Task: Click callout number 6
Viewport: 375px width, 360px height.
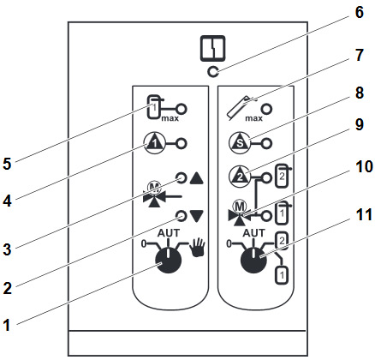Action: point(359,13)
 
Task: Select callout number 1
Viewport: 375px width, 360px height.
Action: point(7,325)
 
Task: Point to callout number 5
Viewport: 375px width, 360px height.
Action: point(7,164)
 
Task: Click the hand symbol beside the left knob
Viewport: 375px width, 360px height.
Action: point(199,248)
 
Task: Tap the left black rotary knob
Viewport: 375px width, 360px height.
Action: point(169,260)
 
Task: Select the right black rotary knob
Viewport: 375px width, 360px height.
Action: point(253,261)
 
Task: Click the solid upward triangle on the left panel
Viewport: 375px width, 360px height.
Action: point(197,178)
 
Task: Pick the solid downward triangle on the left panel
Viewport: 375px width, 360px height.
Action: point(197,216)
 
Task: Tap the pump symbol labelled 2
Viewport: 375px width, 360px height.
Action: point(240,177)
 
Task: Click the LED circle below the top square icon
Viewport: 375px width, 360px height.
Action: point(213,72)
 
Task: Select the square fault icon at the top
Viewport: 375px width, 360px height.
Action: point(212,48)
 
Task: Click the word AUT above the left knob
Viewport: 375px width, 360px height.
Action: point(169,233)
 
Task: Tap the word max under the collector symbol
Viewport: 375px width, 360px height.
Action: point(253,118)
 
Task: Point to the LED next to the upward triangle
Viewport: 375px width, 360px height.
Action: point(181,178)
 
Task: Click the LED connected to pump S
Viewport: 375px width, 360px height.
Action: point(266,143)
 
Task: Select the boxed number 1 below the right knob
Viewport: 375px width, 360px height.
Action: point(282,275)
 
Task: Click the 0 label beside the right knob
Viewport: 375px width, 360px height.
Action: point(229,243)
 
